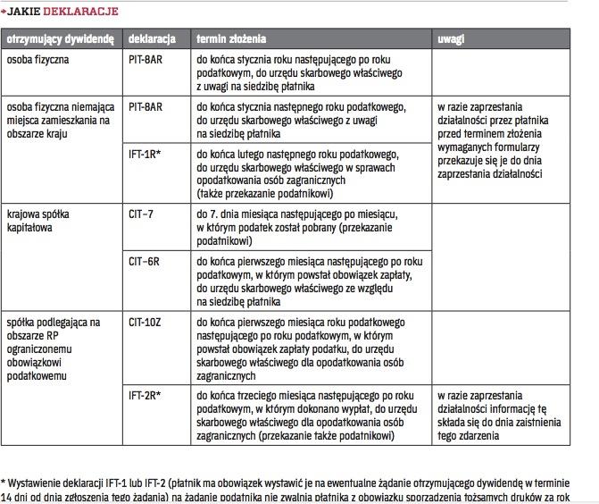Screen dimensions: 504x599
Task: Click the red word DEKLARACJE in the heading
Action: tap(81, 11)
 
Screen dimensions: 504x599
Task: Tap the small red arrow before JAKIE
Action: tap(5, 11)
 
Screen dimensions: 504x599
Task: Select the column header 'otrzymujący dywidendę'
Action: tap(60, 40)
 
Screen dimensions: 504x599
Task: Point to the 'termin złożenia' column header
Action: tap(231, 40)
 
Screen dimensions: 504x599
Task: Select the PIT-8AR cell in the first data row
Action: tap(146, 60)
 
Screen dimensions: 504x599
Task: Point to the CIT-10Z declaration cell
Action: tap(147, 321)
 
